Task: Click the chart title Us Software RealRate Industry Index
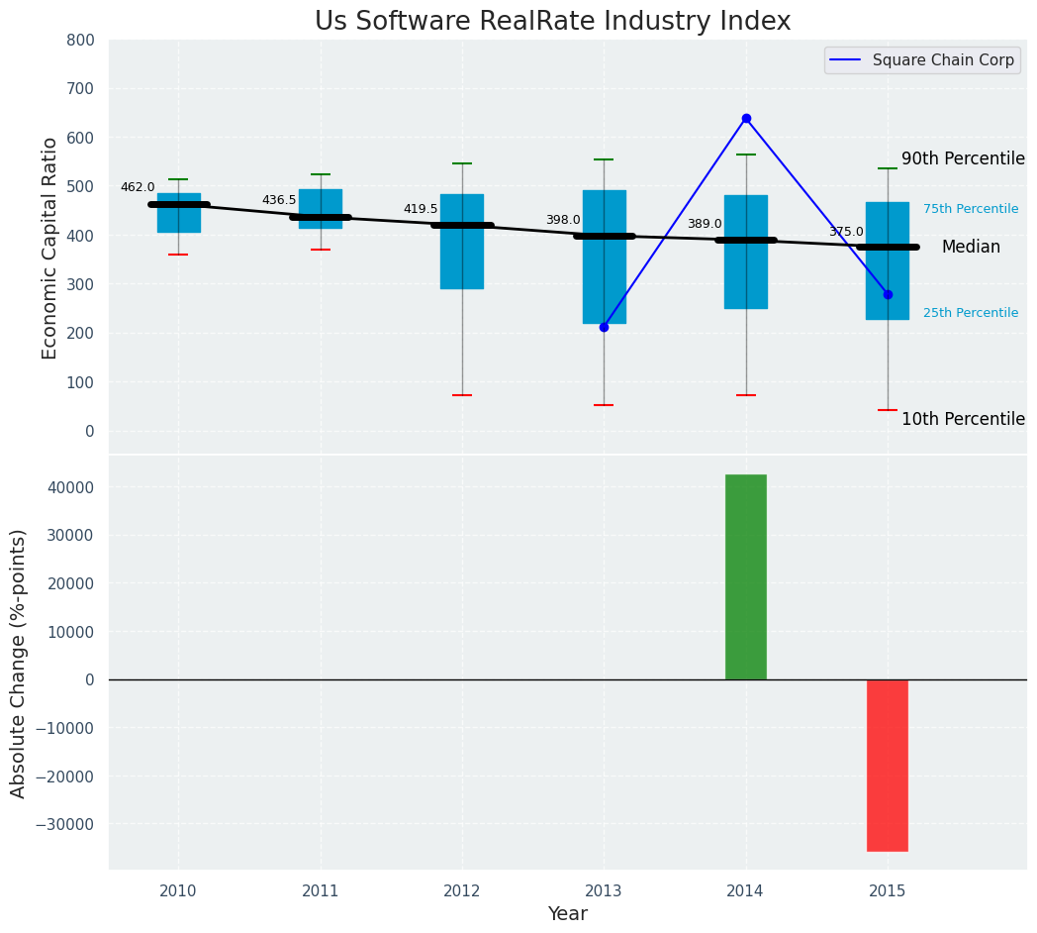[552, 22]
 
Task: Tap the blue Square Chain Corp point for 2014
[746, 118]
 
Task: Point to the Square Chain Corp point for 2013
[604, 327]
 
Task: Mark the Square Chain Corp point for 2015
[888, 294]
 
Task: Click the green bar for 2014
[746, 576]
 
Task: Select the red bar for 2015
[888, 765]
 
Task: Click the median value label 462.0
[138, 187]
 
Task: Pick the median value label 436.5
[279, 200]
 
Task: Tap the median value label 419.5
[421, 209]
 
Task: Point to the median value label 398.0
[563, 220]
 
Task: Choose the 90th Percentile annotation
[963, 159]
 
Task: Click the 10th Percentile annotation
[963, 420]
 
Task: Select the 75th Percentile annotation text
[971, 209]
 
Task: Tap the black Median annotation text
[971, 248]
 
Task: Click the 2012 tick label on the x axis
[462, 890]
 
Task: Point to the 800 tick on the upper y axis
[81, 40]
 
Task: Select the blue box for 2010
[179, 213]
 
